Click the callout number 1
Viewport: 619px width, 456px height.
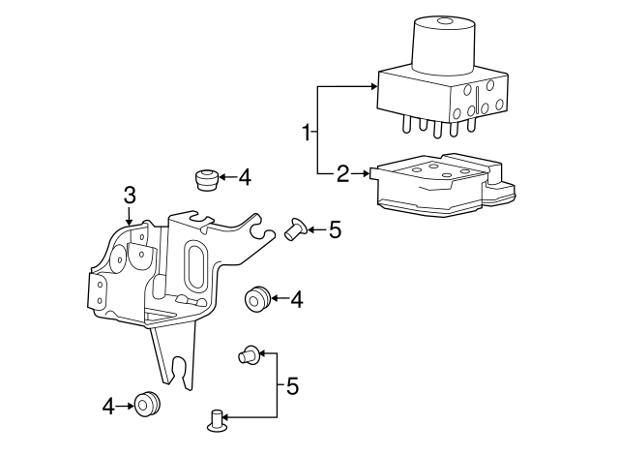[x=307, y=133]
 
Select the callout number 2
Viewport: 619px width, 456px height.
[x=343, y=174]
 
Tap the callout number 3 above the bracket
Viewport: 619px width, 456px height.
[x=130, y=196]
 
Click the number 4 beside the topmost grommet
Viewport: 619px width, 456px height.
[x=245, y=177]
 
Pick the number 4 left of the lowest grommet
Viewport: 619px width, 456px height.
[x=108, y=407]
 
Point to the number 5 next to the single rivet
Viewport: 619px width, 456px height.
[x=335, y=229]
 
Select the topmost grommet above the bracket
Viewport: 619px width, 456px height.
[x=206, y=179]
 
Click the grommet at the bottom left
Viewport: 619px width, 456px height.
[x=147, y=405]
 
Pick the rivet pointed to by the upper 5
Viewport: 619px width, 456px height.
[x=295, y=228]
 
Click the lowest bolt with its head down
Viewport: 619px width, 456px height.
[x=217, y=420]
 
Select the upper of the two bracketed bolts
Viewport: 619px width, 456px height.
[x=249, y=353]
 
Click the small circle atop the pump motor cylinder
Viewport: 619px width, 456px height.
[x=445, y=21]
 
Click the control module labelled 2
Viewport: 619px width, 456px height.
[x=443, y=185]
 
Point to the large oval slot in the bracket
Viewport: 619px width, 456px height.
[x=196, y=268]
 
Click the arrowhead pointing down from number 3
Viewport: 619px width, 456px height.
[x=129, y=222]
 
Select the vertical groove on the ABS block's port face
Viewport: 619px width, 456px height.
[x=477, y=101]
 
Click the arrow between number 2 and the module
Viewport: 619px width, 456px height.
[x=360, y=173]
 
